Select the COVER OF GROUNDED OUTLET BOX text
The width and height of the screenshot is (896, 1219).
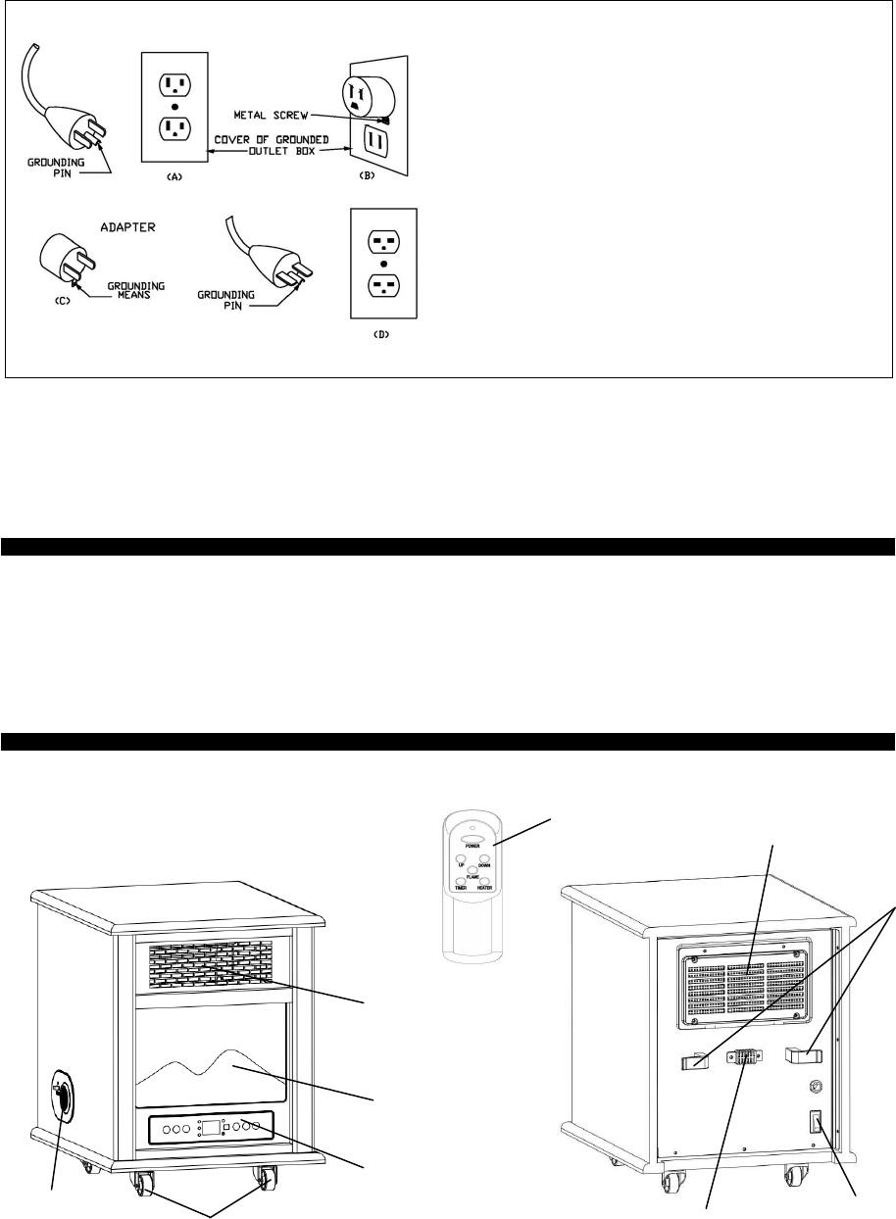(x=281, y=147)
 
